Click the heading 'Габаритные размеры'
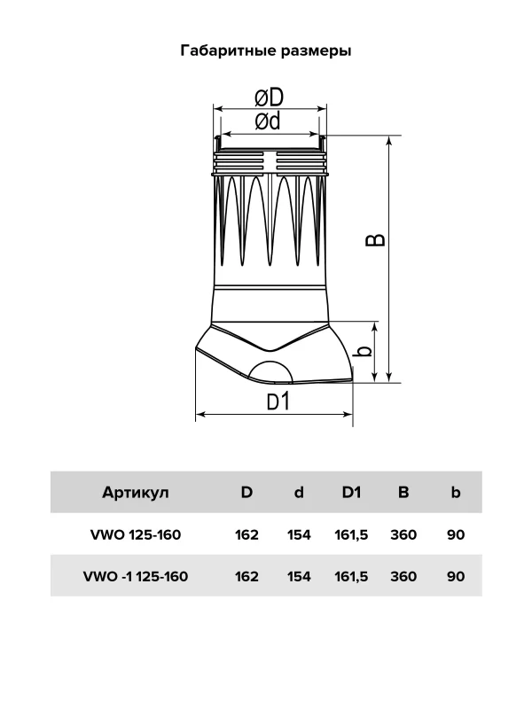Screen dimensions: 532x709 (x=266, y=51)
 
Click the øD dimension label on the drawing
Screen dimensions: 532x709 (x=269, y=97)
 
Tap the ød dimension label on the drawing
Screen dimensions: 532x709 (x=268, y=121)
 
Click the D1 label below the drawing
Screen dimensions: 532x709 (x=278, y=401)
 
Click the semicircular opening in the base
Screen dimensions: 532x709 (x=271, y=371)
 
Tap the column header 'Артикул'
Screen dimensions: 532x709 (x=136, y=492)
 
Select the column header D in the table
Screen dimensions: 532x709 (x=246, y=492)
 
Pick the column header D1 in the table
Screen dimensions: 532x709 (x=351, y=492)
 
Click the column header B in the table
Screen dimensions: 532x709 (x=403, y=492)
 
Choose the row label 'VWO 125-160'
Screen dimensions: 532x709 (x=136, y=535)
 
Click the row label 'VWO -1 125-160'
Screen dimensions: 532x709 (x=136, y=577)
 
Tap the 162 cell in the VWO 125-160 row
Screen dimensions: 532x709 (x=246, y=535)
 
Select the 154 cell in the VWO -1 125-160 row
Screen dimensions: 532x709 (x=299, y=577)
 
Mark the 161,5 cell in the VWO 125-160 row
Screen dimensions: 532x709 (x=351, y=535)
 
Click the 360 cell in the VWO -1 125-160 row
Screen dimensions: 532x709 (x=403, y=577)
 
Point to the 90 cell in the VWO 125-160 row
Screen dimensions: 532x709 (x=456, y=535)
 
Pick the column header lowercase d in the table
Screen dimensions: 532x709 (x=299, y=492)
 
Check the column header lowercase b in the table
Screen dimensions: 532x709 (x=456, y=492)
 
